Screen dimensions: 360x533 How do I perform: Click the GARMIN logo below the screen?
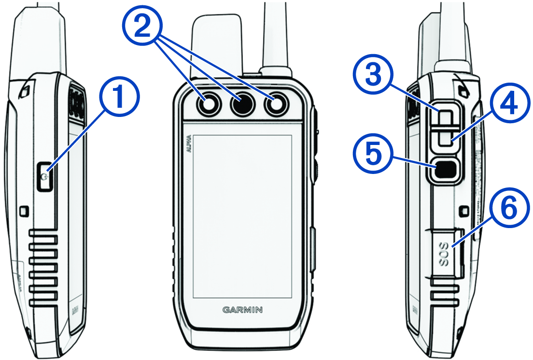[243, 310]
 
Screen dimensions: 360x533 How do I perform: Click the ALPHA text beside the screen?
[188, 145]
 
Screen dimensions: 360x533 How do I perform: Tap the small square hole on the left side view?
[24, 211]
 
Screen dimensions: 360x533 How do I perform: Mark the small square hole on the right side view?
[464, 210]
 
